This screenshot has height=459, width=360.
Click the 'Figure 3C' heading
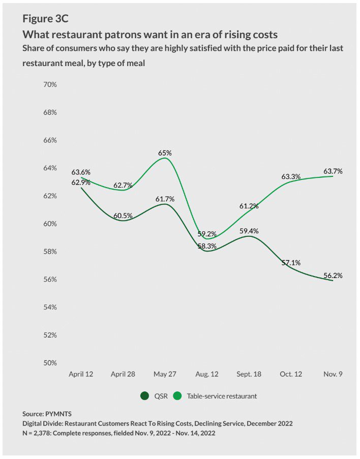[x=45, y=19]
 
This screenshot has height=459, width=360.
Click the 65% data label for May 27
[x=165, y=152]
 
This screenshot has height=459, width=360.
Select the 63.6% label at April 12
[x=81, y=172]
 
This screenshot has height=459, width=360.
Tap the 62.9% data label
[x=81, y=182]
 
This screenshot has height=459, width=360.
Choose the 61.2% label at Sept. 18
[x=249, y=206]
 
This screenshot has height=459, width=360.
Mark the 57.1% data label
[x=290, y=263]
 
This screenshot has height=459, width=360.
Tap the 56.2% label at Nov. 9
[x=333, y=276]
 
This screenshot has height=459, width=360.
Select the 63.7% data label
[x=333, y=171]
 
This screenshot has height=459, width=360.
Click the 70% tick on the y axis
[x=50, y=84]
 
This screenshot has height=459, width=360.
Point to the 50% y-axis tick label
[x=50, y=363]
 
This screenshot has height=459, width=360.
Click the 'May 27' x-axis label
[x=165, y=374]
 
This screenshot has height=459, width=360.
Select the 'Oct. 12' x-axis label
[x=290, y=374]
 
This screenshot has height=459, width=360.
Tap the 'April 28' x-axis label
[x=123, y=374]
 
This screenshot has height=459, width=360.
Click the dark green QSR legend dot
[x=144, y=396]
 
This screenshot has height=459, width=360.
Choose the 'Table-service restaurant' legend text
[x=222, y=396]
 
